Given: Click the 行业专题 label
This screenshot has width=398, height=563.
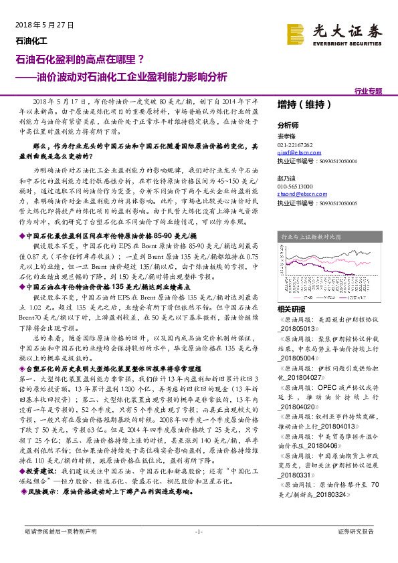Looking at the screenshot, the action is pos(368,90).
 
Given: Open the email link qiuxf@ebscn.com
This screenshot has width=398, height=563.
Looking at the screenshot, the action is pos(295,153).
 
